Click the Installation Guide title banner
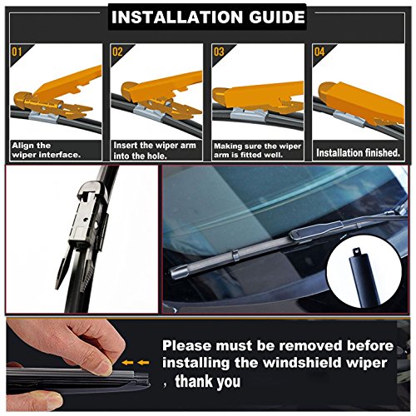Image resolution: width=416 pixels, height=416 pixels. tap(208, 17)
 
